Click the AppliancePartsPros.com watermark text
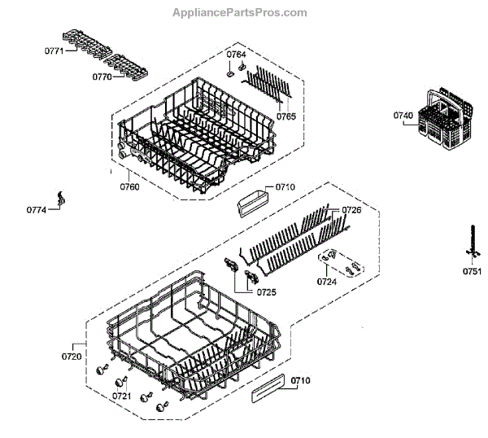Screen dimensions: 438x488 240,12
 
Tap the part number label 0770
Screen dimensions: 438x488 102,78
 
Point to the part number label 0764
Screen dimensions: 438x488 236,54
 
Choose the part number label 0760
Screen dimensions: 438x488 129,186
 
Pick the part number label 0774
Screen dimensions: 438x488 36,210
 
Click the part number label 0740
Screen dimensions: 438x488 404,116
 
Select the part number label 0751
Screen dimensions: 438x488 473,271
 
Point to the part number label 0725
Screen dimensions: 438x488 266,291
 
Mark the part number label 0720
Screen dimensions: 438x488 72,356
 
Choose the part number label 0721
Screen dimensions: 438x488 121,396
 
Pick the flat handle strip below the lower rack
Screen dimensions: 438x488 268,388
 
